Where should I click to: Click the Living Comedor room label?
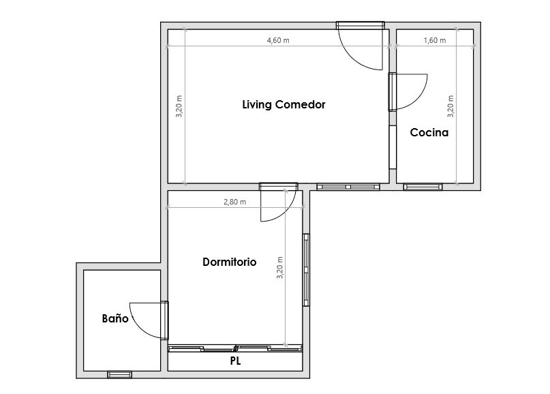click(x=284, y=104)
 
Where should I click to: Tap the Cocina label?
click(x=429, y=133)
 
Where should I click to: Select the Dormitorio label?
click(x=230, y=262)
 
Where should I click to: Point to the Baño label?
click(x=115, y=318)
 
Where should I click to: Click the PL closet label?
click(x=235, y=361)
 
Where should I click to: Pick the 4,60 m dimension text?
click(x=278, y=40)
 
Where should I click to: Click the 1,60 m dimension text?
click(x=435, y=40)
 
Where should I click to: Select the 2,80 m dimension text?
click(x=234, y=202)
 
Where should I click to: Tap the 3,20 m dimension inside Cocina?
click(x=450, y=106)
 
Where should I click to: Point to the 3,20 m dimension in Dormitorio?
click(x=279, y=268)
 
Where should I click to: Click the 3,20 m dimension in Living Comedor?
click(x=179, y=106)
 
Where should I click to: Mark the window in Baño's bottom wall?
click(x=120, y=375)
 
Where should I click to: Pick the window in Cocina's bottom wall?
click(x=423, y=187)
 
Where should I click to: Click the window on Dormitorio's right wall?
click(x=306, y=270)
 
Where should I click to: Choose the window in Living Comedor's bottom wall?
click(x=348, y=187)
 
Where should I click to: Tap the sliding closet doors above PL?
click(x=235, y=348)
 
